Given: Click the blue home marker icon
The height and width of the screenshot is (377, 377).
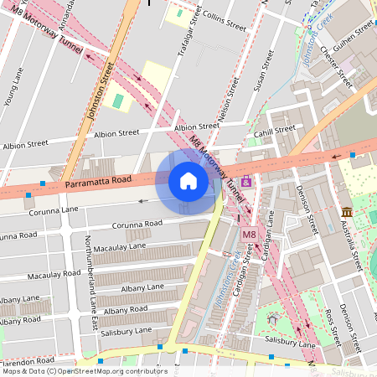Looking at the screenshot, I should (x=188, y=181).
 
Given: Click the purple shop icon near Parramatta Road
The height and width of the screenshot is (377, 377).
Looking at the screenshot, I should (x=245, y=182).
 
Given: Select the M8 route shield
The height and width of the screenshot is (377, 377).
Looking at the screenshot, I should (x=249, y=235).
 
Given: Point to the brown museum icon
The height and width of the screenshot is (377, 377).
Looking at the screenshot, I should (x=346, y=211).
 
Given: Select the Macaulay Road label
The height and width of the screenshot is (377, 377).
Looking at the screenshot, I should (x=54, y=275).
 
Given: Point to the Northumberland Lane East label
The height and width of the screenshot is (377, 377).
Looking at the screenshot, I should (x=91, y=268).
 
